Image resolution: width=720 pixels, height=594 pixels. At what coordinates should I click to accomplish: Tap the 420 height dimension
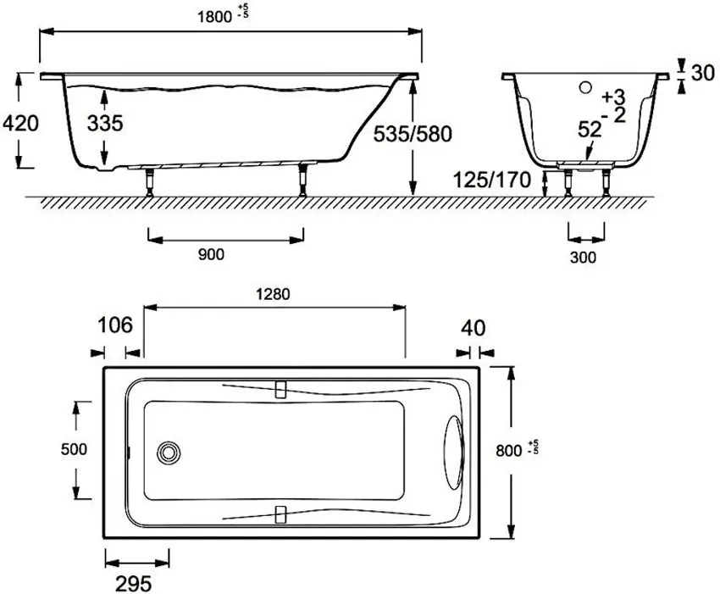pos(20,124)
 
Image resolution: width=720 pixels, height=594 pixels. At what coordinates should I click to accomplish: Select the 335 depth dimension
pos(105,123)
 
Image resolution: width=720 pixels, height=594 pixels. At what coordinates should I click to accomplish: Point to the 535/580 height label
pos(413,134)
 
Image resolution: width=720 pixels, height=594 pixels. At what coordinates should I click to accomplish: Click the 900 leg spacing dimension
pos(211,254)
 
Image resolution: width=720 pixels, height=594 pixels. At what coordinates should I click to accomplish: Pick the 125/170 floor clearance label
pos(492,180)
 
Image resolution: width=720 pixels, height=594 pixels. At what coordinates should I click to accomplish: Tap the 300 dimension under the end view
pos(583,258)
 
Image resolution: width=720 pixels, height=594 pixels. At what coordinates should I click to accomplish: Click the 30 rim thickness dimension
pos(702,74)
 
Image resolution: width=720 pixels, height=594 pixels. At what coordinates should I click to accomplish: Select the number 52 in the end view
pos(590,130)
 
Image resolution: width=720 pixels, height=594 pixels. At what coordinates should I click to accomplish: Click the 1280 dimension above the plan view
pos(274,294)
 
